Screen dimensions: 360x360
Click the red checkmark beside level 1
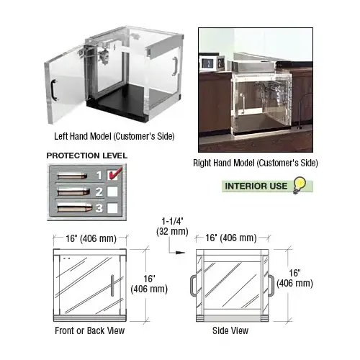(115, 174)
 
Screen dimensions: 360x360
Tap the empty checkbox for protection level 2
(112, 192)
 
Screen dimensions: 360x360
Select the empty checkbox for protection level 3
(112, 208)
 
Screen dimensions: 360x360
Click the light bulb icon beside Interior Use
(300, 185)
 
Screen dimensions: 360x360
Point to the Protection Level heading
(87, 156)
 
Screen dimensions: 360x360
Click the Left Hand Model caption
(114, 136)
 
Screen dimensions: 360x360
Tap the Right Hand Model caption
(256, 163)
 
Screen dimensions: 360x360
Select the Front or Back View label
(90, 330)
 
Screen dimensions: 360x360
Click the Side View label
(230, 330)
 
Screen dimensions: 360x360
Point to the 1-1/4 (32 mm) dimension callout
(172, 227)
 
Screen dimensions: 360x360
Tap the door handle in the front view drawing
(112, 286)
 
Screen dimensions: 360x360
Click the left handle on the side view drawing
(193, 286)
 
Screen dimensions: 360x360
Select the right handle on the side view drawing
(271, 286)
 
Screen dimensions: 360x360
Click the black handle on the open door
(54, 90)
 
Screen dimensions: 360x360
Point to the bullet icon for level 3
(75, 207)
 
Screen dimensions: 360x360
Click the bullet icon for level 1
(72, 176)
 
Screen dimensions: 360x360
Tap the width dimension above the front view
(91, 238)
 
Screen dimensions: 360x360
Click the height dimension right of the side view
(294, 278)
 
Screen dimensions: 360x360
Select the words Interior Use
(256, 186)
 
